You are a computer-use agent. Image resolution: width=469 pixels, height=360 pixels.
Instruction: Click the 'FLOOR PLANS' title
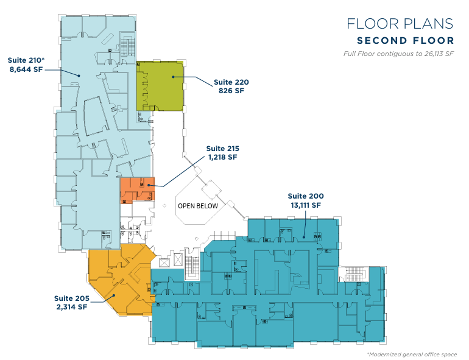(x=400, y=24)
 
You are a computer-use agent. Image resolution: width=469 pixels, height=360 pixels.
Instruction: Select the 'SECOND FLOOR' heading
(x=406, y=40)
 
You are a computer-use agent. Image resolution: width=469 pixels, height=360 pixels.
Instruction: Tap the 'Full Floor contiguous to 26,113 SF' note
(x=398, y=54)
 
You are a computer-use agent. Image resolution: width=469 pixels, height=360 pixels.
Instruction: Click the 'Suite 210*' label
(x=26, y=60)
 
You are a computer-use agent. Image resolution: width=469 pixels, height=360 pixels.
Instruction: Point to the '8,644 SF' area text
(x=26, y=69)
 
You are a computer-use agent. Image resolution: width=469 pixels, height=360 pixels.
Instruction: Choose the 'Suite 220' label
(x=231, y=82)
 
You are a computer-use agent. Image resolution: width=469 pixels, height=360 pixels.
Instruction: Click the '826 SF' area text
(x=231, y=91)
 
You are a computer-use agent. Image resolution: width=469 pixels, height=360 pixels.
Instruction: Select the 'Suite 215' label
(x=222, y=149)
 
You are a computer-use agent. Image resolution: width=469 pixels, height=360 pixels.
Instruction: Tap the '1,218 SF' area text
(x=222, y=157)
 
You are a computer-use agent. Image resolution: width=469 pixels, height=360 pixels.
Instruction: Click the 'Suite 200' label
(x=306, y=196)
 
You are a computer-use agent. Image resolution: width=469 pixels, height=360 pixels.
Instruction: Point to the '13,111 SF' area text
(x=306, y=205)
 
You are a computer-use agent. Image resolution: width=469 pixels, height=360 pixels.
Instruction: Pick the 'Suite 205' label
(x=72, y=298)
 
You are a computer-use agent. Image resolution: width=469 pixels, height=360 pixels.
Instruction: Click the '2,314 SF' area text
(x=72, y=307)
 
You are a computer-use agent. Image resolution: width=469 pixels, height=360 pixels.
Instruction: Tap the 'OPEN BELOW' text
(x=198, y=206)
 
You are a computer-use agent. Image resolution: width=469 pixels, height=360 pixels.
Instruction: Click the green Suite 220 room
(x=160, y=86)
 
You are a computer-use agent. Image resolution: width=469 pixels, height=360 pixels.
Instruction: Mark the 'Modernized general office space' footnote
(x=412, y=355)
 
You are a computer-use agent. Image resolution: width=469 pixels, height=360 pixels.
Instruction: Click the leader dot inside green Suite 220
(x=173, y=77)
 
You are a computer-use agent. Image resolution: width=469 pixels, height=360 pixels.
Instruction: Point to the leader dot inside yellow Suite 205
(x=114, y=295)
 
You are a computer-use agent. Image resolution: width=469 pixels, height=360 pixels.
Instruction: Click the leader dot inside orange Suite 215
(x=149, y=185)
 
